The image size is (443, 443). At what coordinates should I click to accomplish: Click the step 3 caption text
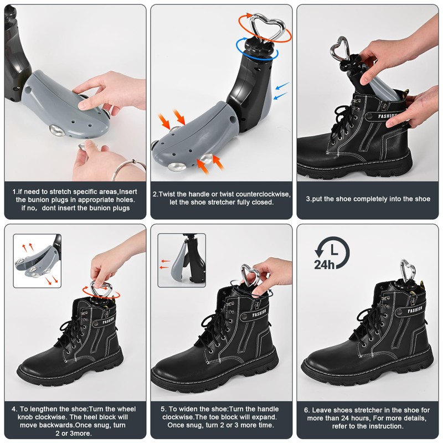(368, 198)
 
